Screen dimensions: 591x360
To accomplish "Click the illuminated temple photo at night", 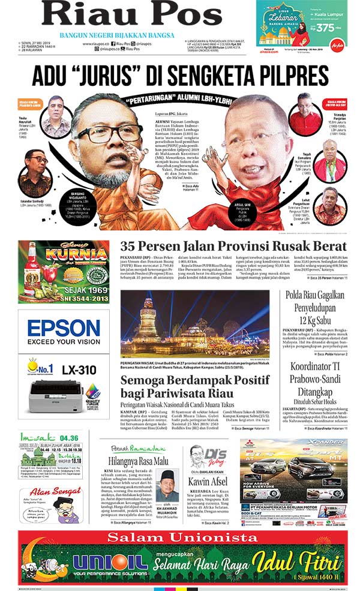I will pos(198,324).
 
